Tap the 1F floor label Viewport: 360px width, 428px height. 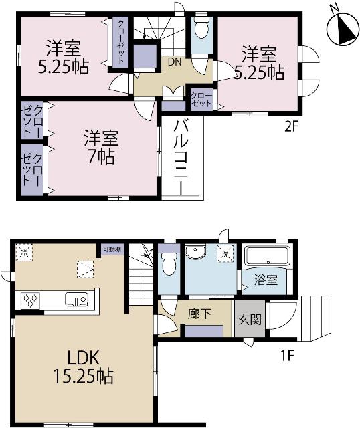coord(287,355)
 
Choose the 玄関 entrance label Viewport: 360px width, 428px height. coord(246,318)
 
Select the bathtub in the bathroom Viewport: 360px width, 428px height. coord(265,257)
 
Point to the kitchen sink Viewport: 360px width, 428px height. coord(73,300)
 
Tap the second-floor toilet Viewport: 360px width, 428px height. coord(201,29)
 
